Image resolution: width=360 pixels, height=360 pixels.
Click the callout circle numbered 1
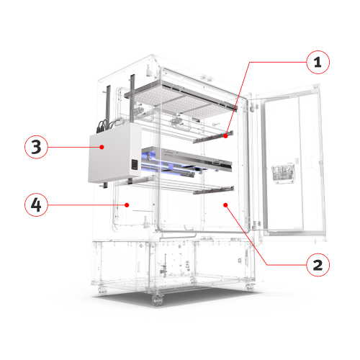click(315, 63)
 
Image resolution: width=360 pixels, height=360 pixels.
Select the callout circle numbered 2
click(315, 264)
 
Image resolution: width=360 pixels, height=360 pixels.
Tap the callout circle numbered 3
click(37, 147)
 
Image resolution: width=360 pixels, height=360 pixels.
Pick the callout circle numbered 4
click(37, 204)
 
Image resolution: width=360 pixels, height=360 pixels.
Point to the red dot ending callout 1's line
click(226, 134)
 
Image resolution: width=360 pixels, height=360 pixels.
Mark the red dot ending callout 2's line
click(227, 205)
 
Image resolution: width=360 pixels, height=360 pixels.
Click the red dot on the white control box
click(102, 147)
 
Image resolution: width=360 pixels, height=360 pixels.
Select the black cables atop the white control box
click(107, 124)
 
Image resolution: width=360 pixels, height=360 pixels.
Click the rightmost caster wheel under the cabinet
click(250, 286)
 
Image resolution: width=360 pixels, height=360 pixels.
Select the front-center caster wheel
click(156, 301)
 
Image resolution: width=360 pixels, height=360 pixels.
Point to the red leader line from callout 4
click(86, 204)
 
